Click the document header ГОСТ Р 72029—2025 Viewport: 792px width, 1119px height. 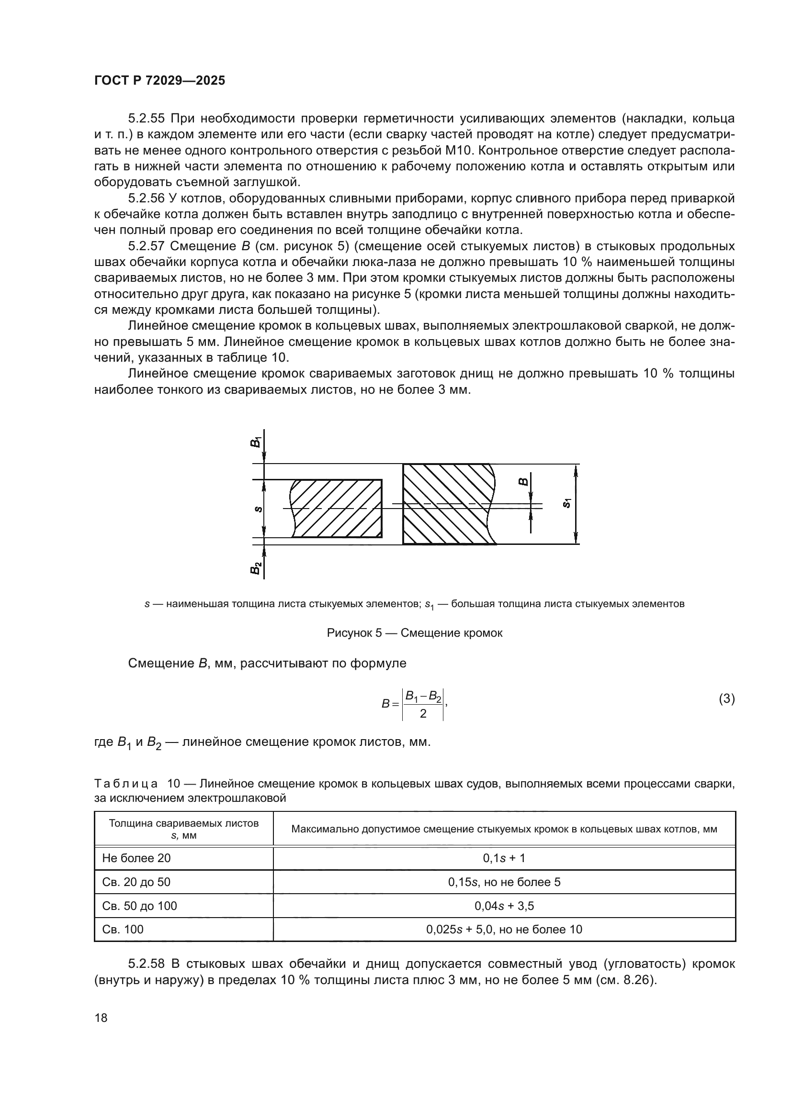point(159,80)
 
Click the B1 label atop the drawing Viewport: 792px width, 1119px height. point(255,442)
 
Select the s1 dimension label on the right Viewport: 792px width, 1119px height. point(566,503)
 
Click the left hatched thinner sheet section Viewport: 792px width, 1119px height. point(337,509)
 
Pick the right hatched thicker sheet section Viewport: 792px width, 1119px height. point(446,503)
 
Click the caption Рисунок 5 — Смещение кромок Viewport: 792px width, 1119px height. point(415,633)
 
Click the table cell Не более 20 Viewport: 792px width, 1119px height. point(136,858)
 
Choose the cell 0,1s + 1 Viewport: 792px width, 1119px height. point(504,858)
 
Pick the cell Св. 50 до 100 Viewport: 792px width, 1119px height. point(139,906)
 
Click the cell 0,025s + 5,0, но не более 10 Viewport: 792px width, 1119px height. point(504,930)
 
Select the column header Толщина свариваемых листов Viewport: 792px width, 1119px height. point(183,823)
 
